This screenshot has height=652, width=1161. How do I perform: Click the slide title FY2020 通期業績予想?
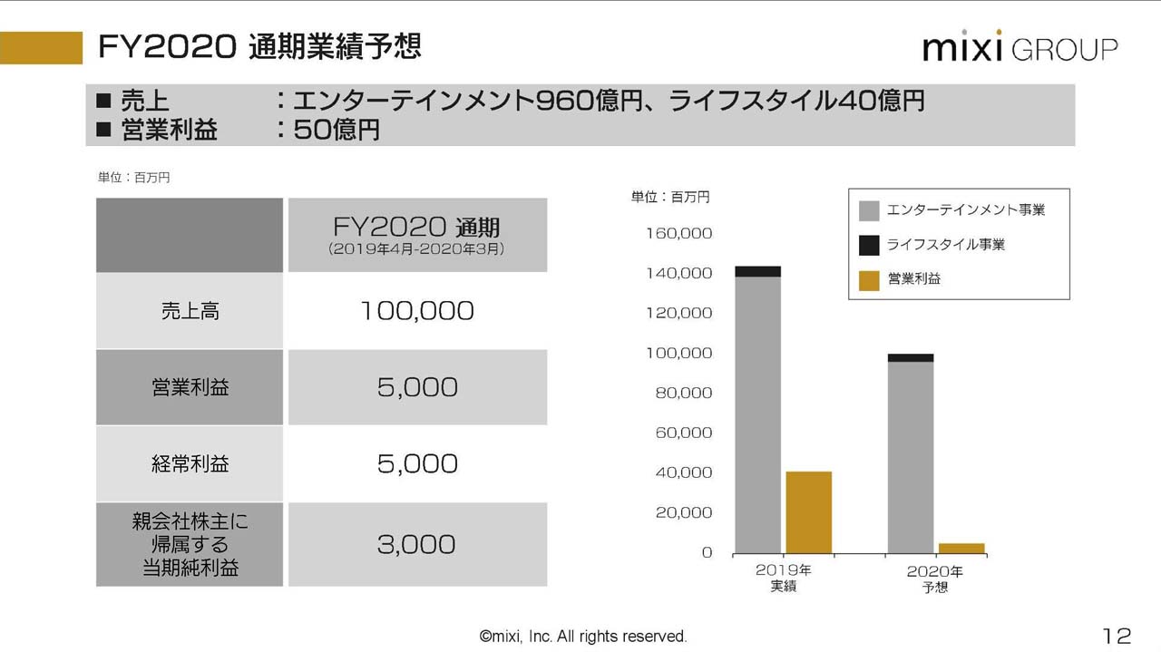[x=259, y=46]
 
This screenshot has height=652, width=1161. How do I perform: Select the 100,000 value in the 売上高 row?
[x=417, y=311]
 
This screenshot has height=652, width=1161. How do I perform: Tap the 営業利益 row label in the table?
[x=190, y=387]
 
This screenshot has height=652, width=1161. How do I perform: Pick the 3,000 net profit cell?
[x=417, y=544]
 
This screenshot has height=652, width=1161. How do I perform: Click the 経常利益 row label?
[x=190, y=464]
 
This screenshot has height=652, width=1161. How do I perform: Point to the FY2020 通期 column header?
[x=417, y=234]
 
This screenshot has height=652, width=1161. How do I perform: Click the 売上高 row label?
[x=190, y=311]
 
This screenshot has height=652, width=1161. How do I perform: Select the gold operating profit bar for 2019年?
[x=808, y=511]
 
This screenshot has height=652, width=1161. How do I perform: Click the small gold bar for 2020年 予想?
[x=961, y=548]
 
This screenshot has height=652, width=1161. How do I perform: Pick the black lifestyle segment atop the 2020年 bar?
[x=911, y=357]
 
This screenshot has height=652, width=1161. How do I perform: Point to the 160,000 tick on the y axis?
[x=679, y=233]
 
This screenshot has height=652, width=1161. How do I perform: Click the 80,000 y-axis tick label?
[x=683, y=393]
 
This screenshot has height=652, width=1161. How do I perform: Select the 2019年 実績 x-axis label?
[x=783, y=579]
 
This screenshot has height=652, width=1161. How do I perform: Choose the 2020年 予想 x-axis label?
[x=935, y=579]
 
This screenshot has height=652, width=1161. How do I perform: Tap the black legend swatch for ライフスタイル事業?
[x=869, y=245]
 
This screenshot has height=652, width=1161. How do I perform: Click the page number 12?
[x=1117, y=635]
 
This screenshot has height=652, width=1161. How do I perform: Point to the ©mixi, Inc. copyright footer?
[x=583, y=637]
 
